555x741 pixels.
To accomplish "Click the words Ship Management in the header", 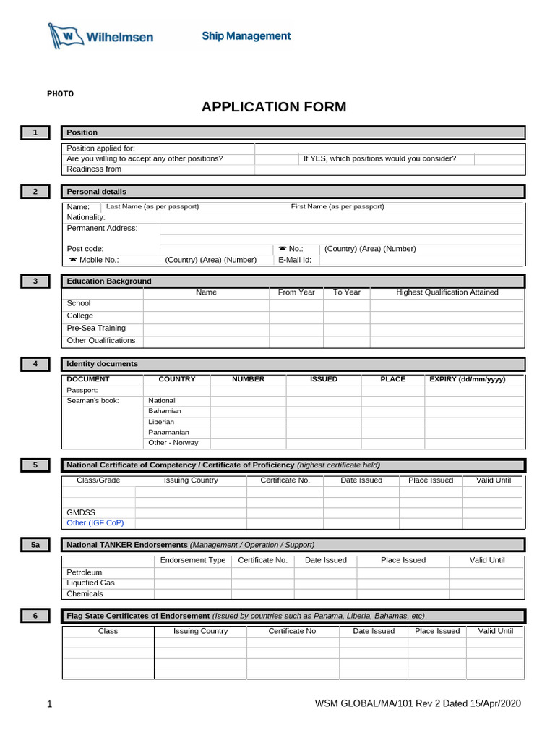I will (246, 35).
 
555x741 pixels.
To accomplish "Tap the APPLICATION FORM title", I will (274, 107).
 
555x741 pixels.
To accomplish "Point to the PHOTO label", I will (60, 94).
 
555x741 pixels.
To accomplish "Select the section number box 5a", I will (35, 544).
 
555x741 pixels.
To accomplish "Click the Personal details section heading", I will (96, 192).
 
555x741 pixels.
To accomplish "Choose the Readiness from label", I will (94, 169).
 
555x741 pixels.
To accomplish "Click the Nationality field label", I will (86, 217).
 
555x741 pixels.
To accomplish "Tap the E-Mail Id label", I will (294, 260).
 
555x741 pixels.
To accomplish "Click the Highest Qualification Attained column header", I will (447, 292).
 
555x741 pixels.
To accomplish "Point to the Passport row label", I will (82, 390).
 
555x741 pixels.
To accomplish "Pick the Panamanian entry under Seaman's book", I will (168, 432).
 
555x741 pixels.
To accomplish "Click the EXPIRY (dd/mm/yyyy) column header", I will (468, 379).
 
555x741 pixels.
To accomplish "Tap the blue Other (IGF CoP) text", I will (90, 522).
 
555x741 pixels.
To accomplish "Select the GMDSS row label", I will (81, 512).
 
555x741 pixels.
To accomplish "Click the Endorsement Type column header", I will (192, 560).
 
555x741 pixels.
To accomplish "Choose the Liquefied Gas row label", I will (90, 583).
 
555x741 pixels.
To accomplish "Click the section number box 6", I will (35, 616).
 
